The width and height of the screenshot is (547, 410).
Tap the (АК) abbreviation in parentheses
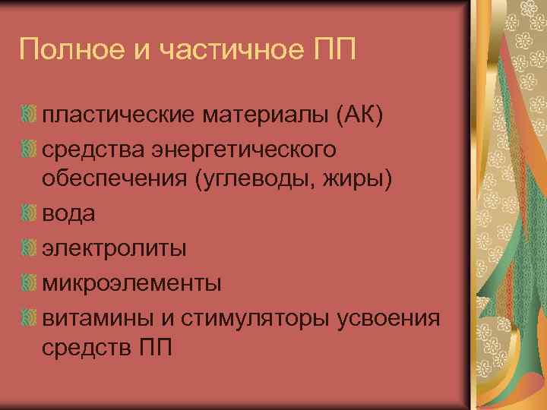point(356,115)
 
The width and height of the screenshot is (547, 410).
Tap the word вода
point(68,215)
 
